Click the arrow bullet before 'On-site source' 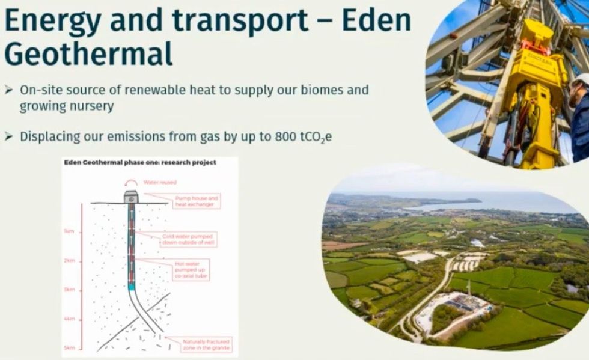(8, 90)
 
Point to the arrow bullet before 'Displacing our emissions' (8, 136)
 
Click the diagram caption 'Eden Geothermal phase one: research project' (139, 162)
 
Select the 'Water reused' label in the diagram (159, 182)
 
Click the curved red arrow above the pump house (132, 183)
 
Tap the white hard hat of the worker (581, 79)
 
